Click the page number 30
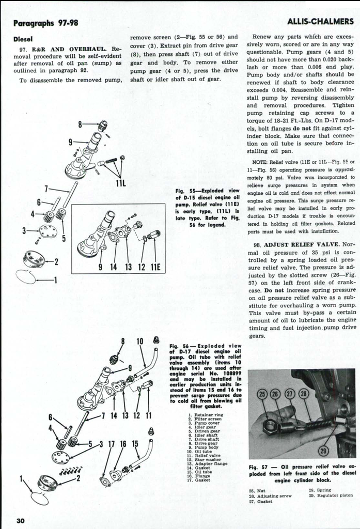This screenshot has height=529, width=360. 20,520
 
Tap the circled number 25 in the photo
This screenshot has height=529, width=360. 263,395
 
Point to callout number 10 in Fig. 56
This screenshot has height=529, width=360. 140,341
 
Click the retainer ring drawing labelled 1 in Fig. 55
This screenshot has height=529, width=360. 25,277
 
